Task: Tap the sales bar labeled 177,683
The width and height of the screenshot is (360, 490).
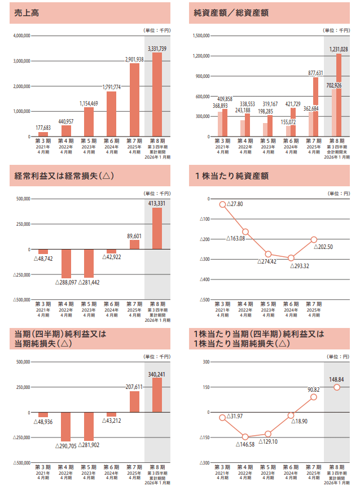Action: tap(43, 134)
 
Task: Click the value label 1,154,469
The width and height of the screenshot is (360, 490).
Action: tap(89, 103)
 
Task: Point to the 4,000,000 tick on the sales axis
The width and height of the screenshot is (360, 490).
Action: tap(20, 36)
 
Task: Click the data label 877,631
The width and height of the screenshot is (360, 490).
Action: tap(315, 73)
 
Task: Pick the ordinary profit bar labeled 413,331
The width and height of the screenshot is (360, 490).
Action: tap(157, 229)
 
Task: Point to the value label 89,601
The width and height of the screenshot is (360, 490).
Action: tap(134, 236)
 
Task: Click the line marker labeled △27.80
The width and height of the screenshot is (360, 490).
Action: tap(223, 204)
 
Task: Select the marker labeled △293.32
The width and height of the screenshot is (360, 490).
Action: tap(291, 258)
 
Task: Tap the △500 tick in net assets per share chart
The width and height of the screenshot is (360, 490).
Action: tap(205, 300)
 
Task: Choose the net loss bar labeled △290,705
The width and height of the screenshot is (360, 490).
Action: tap(66, 427)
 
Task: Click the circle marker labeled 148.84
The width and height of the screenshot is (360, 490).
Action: tap(337, 387)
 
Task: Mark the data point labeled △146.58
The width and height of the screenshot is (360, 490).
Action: tap(245, 437)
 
